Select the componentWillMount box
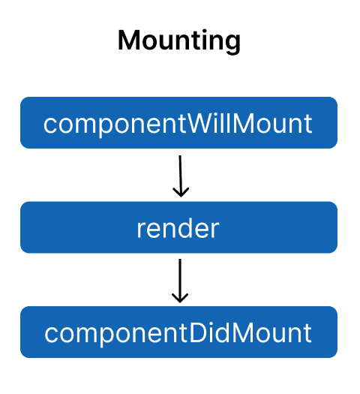178,123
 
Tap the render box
178,227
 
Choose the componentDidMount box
178,332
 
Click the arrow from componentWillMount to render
180,174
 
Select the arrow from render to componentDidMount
180,279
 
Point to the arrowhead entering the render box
180,193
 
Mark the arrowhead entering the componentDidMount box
180,297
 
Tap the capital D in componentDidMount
199,332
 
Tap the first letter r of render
140,229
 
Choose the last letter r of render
215,229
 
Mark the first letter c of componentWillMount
49,125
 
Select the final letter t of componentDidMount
307,332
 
